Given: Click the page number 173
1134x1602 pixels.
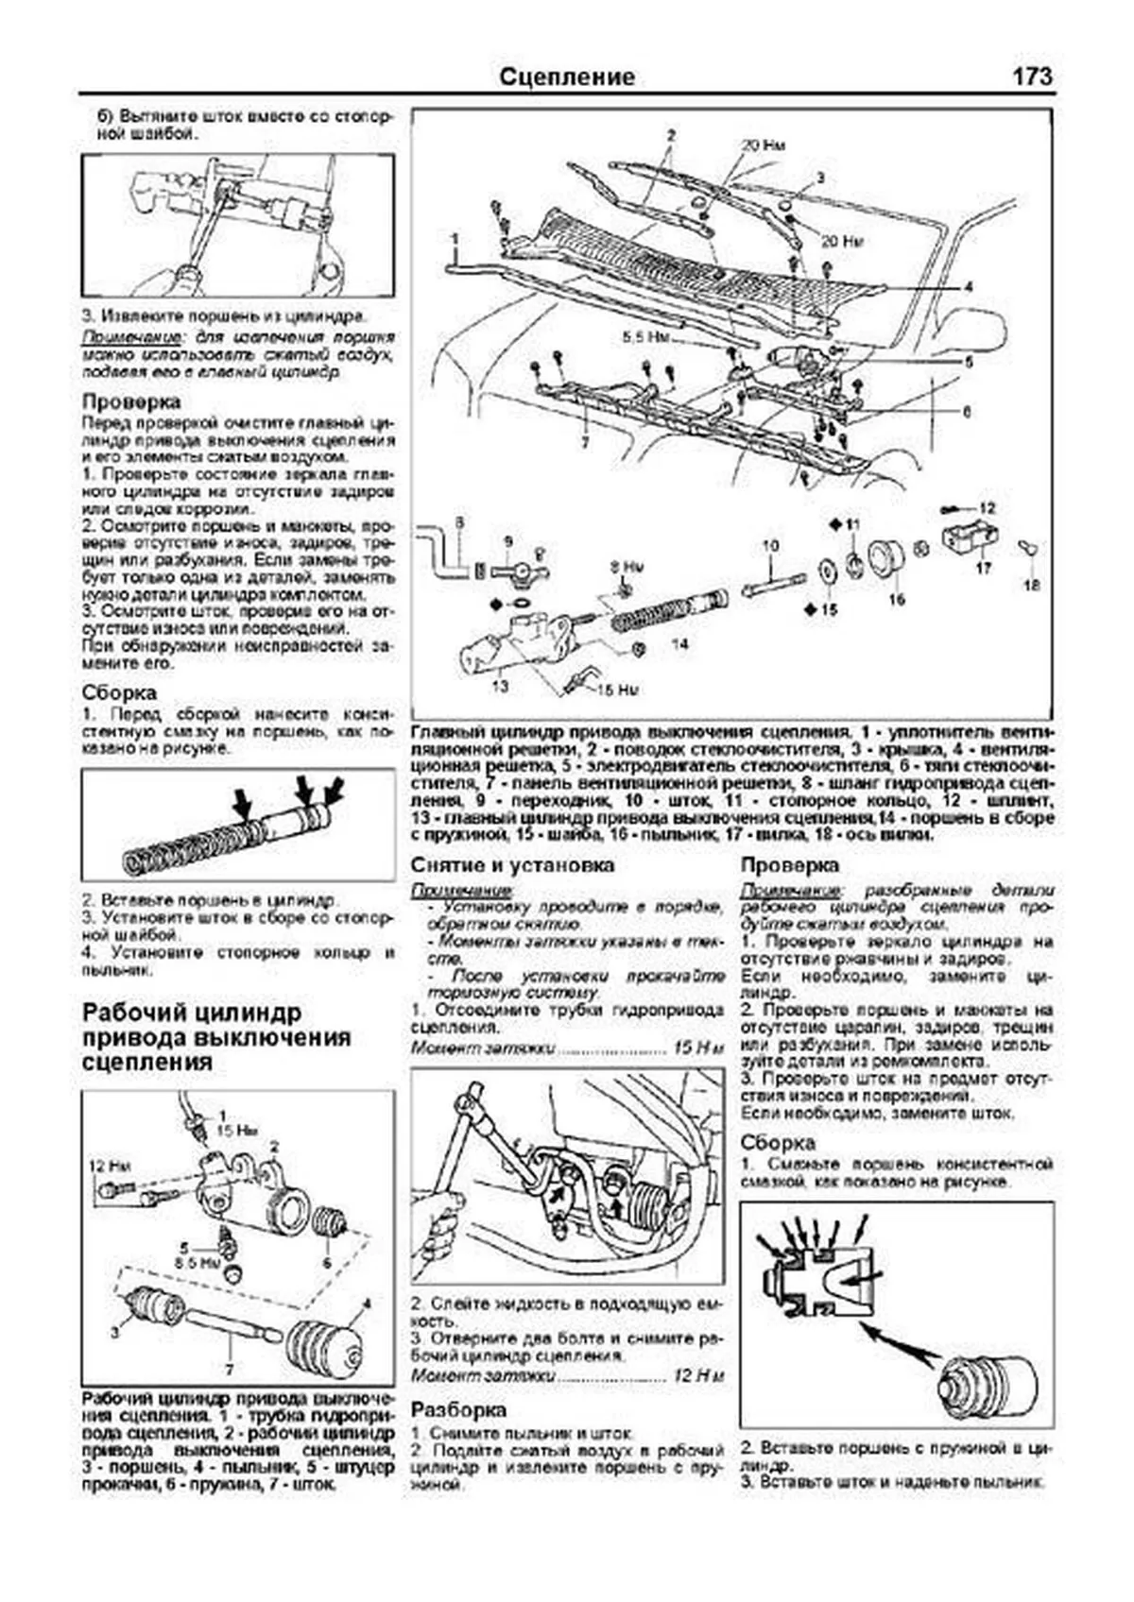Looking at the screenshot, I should point(1032,77).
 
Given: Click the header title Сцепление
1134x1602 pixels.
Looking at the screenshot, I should point(566,77).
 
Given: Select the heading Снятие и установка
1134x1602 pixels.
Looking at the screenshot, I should point(512,865).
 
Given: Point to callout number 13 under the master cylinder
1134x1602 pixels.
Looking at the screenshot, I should point(500,686).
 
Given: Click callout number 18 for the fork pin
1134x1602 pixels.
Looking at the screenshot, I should point(1031,586).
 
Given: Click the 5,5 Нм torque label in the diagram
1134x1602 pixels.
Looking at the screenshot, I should point(645,335).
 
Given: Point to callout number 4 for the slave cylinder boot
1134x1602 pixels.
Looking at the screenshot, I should point(367,1304).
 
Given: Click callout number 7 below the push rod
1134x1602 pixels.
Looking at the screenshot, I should point(230,1369).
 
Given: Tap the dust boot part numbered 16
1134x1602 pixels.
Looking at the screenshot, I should point(885,557).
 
